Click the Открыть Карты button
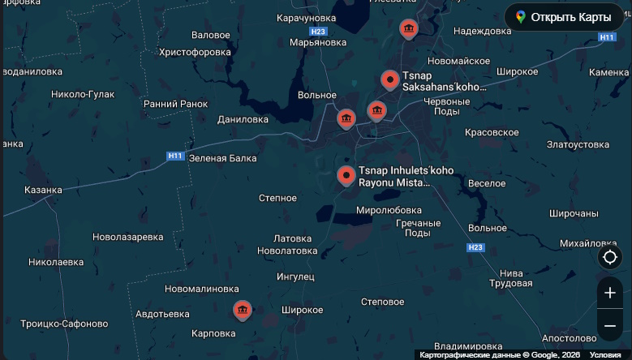click(x=564, y=17)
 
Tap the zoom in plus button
click(x=610, y=293)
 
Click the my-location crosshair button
click(x=610, y=258)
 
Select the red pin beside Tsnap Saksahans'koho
click(x=390, y=79)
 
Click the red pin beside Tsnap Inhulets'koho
click(x=346, y=174)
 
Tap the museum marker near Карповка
click(x=242, y=310)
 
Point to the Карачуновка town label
click(x=306, y=18)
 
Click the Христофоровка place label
click(x=196, y=52)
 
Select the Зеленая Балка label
click(x=222, y=158)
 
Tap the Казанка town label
click(x=43, y=190)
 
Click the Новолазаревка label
click(x=128, y=237)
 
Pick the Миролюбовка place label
click(x=389, y=210)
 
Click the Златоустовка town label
click(x=578, y=144)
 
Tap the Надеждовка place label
click(x=483, y=31)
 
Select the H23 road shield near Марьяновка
click(x=318, y=32)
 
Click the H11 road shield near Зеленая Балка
click(x=175, y=156)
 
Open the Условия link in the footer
click(x=604, y=355)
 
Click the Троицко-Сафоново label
click(x=64, y=324)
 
